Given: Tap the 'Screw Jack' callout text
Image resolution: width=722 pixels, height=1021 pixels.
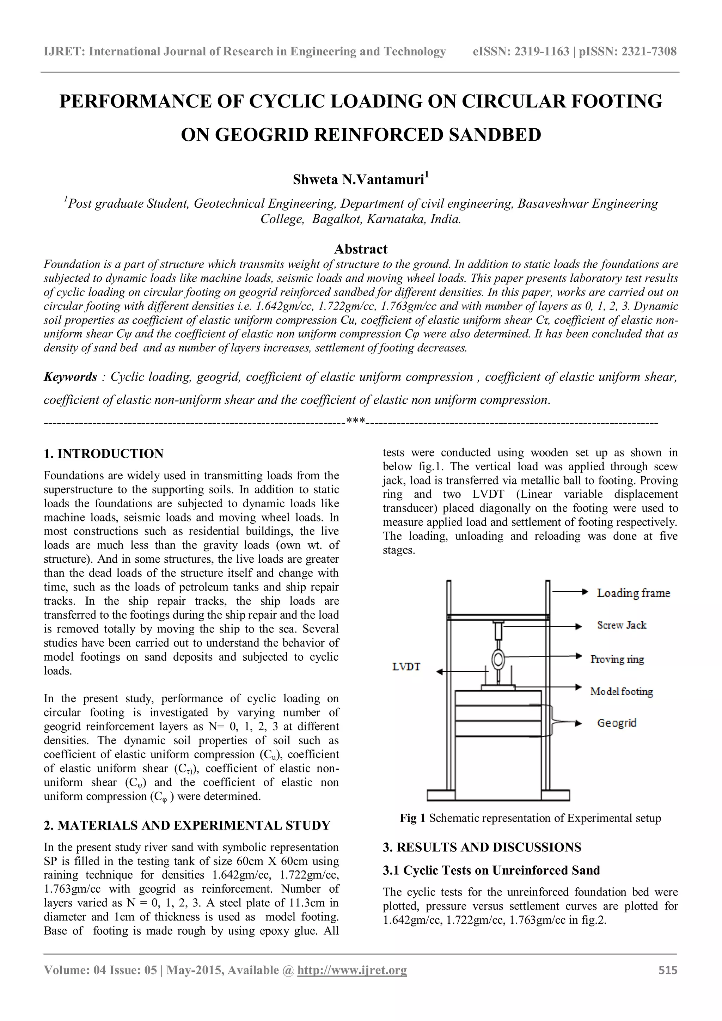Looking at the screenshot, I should coord(621,625).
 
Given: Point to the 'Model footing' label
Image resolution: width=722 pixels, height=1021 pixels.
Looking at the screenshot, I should coord(621,691).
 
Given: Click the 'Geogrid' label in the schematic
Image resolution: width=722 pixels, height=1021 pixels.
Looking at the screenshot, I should coord(617,723).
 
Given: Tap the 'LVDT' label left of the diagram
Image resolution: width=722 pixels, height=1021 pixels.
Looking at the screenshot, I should coord(406,667).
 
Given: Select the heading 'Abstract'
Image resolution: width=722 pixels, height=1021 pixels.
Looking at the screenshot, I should coord(361,249).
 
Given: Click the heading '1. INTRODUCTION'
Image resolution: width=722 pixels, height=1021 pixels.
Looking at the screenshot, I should coord(104,454).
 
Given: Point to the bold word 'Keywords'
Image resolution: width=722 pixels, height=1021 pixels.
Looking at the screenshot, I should coord(70,377).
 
